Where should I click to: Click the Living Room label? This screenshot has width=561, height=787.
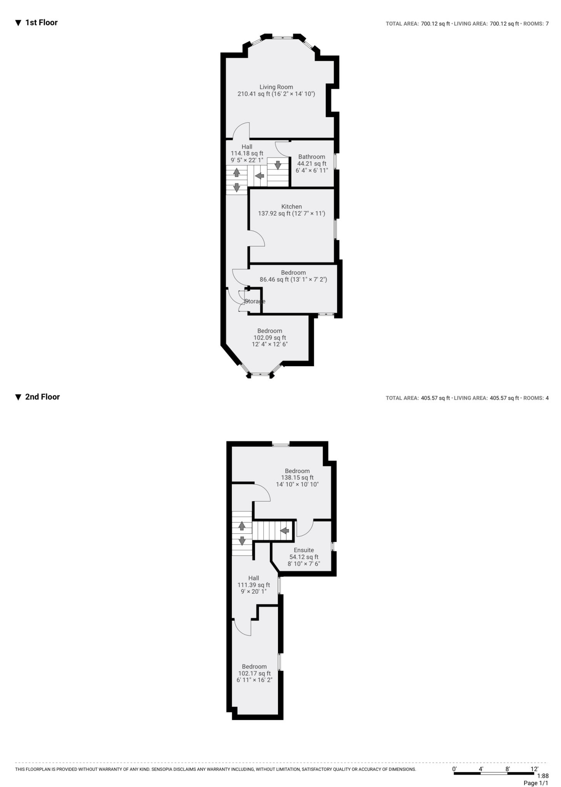(x=276, y=87)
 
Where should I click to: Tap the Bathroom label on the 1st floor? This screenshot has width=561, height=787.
(x=311, y=157)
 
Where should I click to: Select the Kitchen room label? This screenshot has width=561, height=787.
(x=291, y=207)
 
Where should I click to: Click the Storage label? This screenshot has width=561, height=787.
(x=255, y=301)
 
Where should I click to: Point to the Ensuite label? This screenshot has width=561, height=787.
(x=304, y=550)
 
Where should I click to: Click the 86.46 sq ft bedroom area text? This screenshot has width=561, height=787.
(x=293, y=280)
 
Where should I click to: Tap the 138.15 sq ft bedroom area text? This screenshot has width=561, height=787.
(x=297, y=478)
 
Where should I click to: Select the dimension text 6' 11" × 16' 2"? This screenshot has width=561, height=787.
(x=254, y=680)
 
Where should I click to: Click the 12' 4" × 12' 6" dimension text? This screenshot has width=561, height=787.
(x=270, y=344)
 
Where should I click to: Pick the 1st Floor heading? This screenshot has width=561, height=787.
(x=41, y=23)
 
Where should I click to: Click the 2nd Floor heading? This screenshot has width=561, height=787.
(x=42, y=397)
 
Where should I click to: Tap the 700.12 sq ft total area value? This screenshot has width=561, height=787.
(x=435, y=24)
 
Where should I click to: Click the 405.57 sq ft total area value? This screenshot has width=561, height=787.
(x=435, y=398)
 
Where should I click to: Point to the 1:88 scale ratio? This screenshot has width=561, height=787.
(x=543, y=776)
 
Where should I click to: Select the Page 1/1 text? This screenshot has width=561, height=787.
(x=536, y=783)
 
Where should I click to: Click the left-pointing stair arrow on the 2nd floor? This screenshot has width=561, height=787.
(x=285, y=531)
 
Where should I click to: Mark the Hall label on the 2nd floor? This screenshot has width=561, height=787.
(x=253, y=578)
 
